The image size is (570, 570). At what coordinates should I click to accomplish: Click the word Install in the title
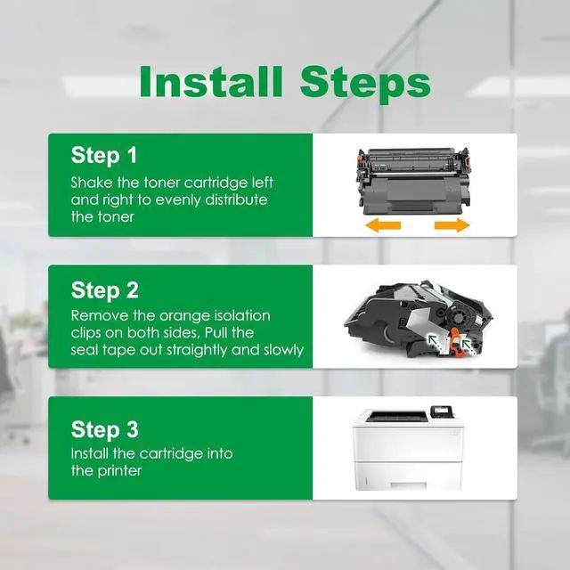(211, 82)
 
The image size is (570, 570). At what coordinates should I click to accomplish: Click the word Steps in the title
(365, 85)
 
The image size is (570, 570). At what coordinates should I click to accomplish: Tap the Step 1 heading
(104, 155)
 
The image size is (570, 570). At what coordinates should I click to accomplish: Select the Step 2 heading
(105, 290)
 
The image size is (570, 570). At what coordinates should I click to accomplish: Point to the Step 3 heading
(105, 429)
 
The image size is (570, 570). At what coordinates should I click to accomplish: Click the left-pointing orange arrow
(383, 225)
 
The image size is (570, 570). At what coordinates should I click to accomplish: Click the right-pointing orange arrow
(452, 225)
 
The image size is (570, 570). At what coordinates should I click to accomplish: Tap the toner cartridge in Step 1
(413, 181)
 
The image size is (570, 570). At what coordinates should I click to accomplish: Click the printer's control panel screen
(442, 410)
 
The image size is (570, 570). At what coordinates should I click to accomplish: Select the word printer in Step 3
(119, 471)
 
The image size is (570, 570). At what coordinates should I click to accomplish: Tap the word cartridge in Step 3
(173, 454)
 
